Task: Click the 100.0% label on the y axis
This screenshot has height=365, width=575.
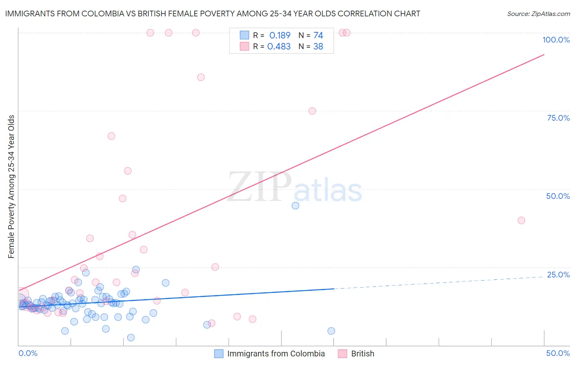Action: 556,40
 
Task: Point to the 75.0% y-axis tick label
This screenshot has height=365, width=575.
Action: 558,118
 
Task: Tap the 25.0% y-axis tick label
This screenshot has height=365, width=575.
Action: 558,275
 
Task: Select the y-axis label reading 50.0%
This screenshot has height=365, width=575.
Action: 558,196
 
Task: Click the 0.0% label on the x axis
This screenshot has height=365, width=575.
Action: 28,353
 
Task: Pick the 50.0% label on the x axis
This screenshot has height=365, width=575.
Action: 558,353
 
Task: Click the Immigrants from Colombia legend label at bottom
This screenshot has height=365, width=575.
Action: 276,354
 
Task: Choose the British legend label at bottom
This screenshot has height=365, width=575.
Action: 362,354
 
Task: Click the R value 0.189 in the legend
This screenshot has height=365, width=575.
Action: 280,36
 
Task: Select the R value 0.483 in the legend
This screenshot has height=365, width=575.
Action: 279,47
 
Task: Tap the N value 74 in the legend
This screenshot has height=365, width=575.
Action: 318,36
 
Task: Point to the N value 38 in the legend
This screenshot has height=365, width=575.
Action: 318,47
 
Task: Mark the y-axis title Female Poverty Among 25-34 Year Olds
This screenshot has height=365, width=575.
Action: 11,187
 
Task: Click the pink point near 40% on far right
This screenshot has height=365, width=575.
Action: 521,221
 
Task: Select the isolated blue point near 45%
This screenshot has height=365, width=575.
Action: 295,206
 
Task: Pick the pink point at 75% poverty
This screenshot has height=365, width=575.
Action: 312,111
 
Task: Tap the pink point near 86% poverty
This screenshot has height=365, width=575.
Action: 201,77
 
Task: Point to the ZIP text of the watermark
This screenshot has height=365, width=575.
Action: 259,187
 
